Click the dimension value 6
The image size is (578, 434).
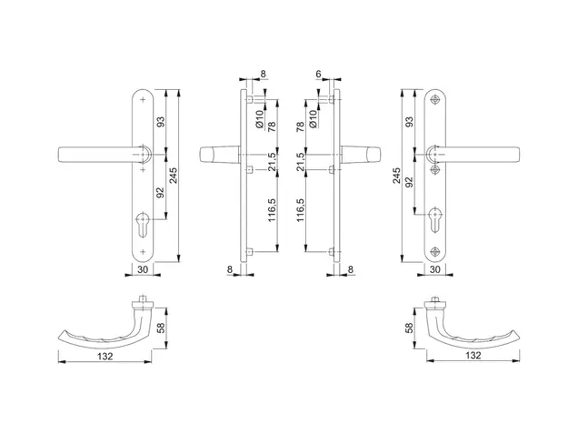[x=318, y=75]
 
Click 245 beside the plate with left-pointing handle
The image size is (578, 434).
[x=174, y=176]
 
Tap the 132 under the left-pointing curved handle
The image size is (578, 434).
[x=105, y=356]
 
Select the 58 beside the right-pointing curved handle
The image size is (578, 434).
[x=409, y=328]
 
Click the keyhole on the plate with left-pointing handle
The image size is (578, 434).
[x=143, y=224]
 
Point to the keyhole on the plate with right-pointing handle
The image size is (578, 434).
[x=435, y=220]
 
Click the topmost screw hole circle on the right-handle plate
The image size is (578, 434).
[x=435, y=100]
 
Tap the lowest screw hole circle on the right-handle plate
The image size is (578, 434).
[x=435, y=252]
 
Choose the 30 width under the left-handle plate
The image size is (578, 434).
[x=143, y=270]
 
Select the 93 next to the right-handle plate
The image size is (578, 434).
[x=409, y=122]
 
